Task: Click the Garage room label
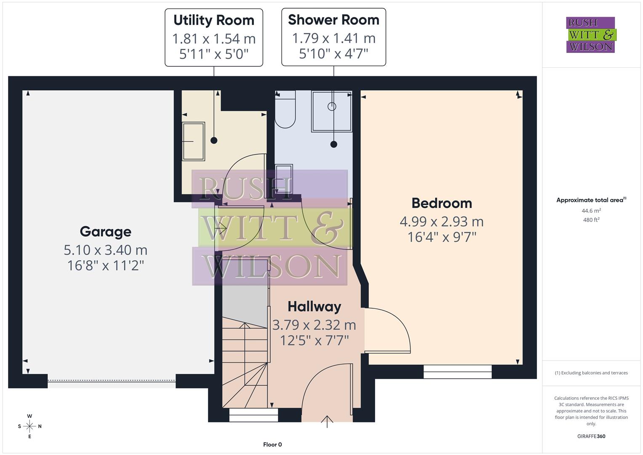coord(105,232)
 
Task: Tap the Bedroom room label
coord(441,203)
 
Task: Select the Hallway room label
coord(314,307)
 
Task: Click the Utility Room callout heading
coord(214,20)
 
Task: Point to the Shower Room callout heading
coord(334,20)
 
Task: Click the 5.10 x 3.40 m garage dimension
coord(105,250)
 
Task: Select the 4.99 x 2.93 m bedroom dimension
coord(441,221)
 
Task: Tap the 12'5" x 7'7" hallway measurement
coord(314,340)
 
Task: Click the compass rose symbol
coord(29,426)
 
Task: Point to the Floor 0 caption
coord(272,444)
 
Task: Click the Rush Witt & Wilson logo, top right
coord(590,35)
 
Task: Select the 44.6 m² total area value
coord(591,211)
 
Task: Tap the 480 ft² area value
coord(591,220)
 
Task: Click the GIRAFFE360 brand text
coord(591,436)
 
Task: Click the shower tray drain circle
coord(332,107)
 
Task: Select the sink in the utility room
coord(193,141)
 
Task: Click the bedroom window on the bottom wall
coord(457,372)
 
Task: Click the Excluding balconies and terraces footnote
coord(591,373)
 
